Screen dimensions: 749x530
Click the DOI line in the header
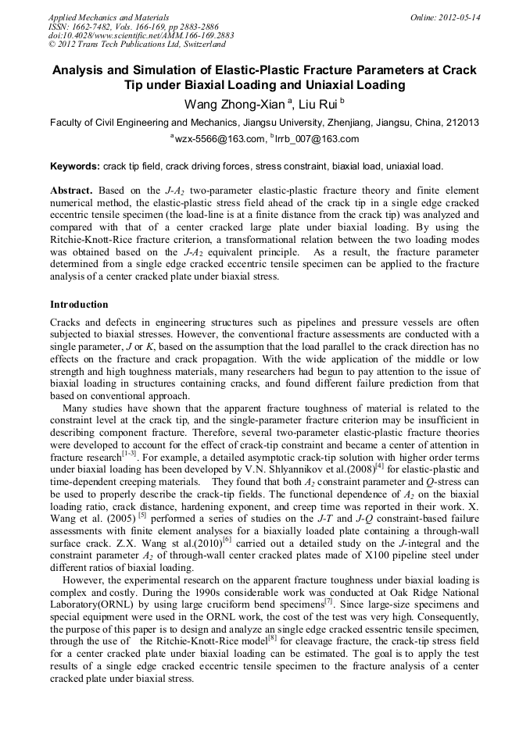(141, 36)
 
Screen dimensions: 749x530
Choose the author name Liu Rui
(319, 105)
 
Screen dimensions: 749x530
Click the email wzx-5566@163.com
(220, 139)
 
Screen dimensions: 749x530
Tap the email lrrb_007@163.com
(306, 139)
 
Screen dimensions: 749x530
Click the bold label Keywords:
(74, 166)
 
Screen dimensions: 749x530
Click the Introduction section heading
(79, 304)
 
